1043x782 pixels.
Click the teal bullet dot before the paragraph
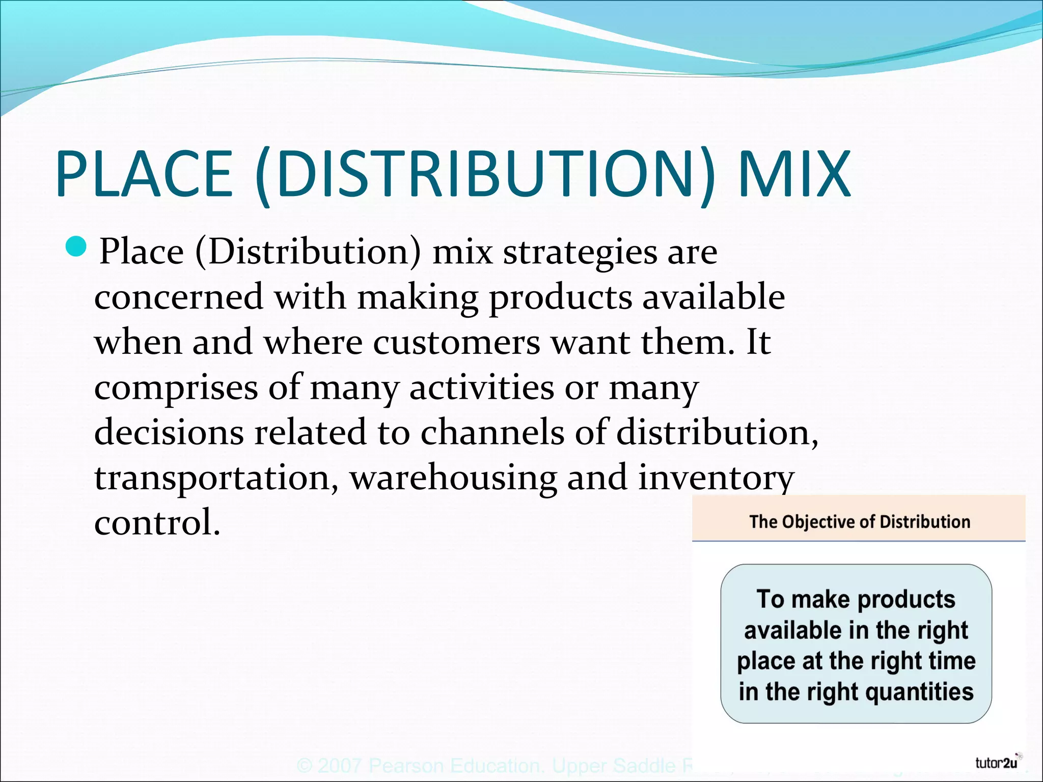tap(77, 247)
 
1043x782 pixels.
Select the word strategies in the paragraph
tap(580, 252)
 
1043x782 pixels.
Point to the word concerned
tap(179, 297)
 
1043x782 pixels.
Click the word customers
tap(456, 342)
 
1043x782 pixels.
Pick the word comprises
tap(176, 388)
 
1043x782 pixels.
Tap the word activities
tap(481, 388)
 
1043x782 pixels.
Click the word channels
tap(492, 432)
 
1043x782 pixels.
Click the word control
tap(157, 523)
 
